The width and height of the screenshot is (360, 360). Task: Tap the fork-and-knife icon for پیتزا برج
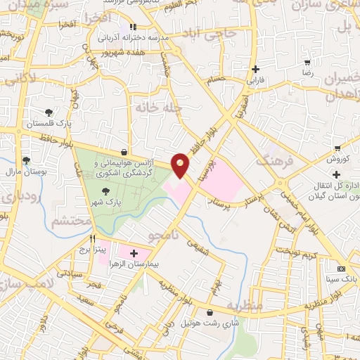91,238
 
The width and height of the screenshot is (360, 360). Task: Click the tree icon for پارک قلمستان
48,112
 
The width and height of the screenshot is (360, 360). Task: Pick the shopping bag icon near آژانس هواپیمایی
124,151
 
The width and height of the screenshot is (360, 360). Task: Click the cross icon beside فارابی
255,70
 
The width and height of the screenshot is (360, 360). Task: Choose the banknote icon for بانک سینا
342,269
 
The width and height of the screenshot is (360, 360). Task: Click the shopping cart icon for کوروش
337,148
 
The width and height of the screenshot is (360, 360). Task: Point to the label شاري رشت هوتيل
209,324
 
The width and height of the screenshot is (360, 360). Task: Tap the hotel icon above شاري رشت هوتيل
209,313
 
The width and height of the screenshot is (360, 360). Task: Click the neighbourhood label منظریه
245,307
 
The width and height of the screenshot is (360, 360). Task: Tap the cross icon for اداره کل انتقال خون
337,174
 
